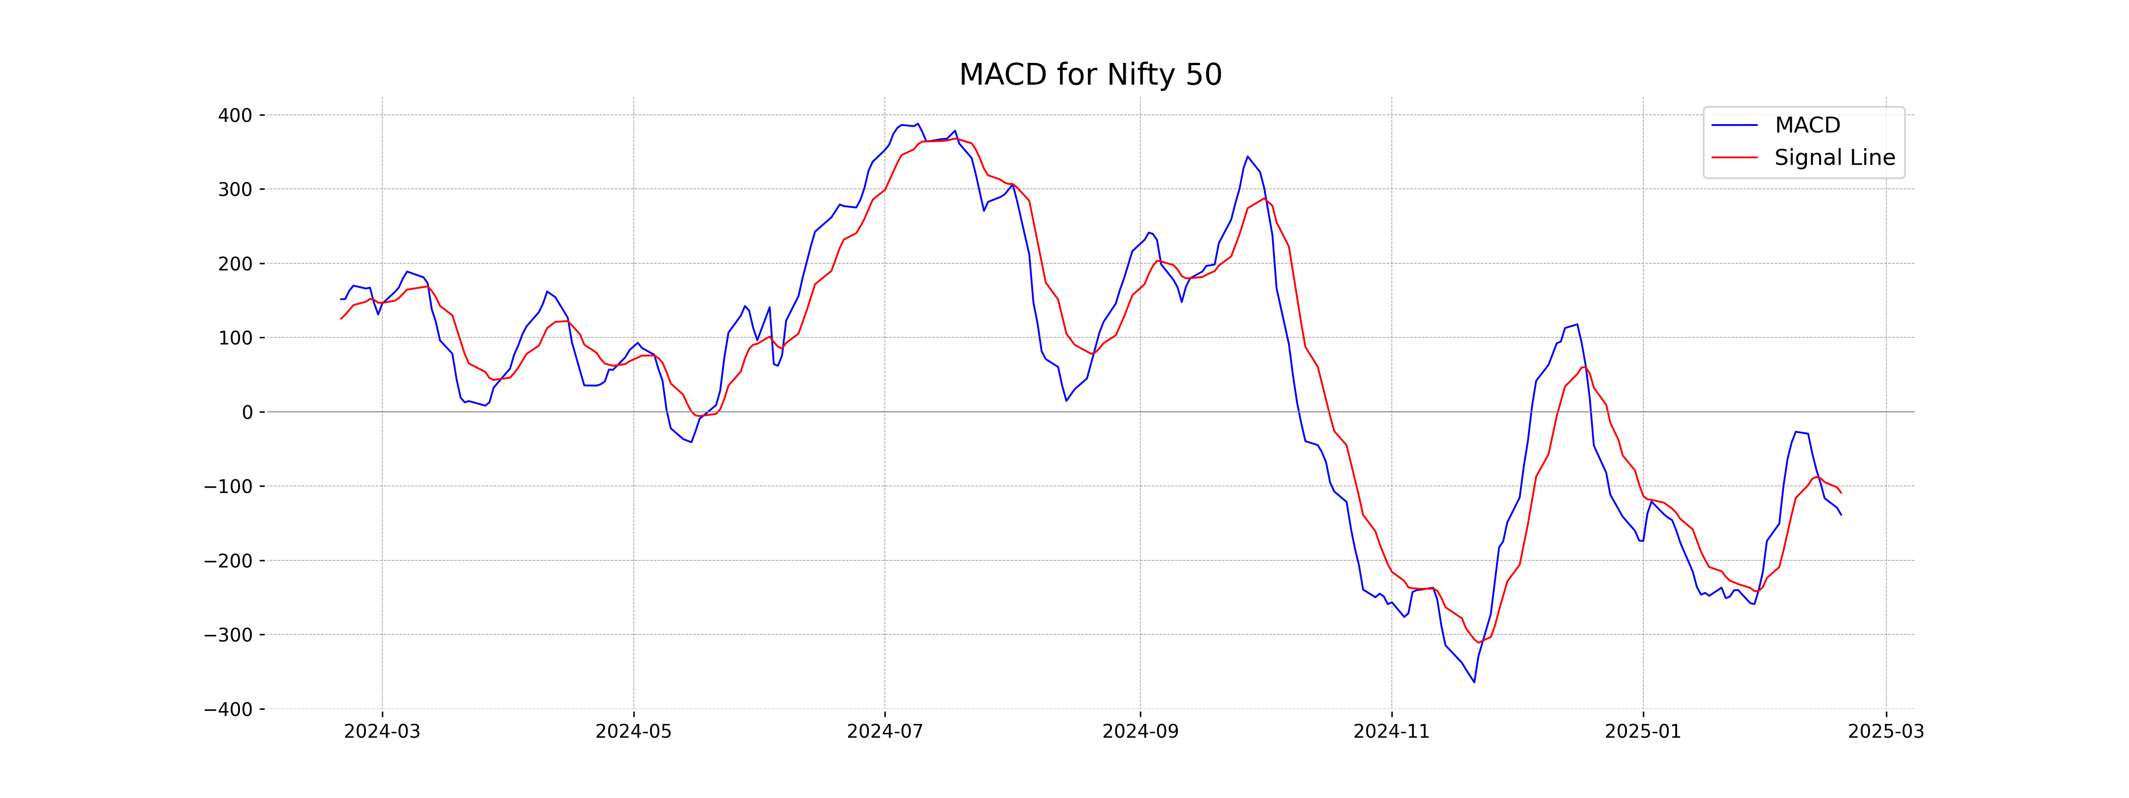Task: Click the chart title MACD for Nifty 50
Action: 1090,75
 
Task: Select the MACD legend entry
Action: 1807,125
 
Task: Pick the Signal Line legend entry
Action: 1834,158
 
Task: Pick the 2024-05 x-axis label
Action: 634,732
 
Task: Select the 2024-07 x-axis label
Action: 885,732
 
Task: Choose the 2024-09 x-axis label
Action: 1140,732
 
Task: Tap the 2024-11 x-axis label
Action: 1392,732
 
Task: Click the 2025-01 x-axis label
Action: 1643,732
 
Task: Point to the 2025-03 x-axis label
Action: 1886,732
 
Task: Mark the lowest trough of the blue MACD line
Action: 1473,681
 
